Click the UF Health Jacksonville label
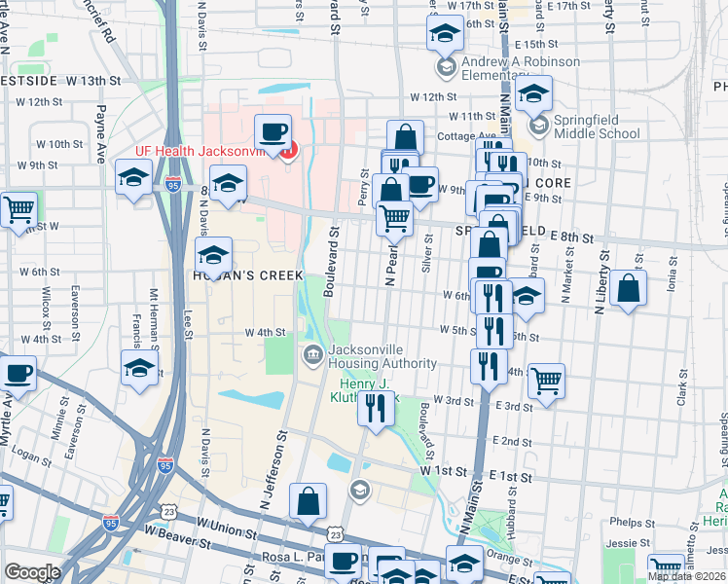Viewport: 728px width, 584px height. [200, 151]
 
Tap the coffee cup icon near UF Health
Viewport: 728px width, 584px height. [273, 131]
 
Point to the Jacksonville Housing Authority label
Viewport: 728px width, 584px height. [382, 356]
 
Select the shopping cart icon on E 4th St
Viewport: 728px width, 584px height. [546, 379]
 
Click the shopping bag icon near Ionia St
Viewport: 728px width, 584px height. [629, 287]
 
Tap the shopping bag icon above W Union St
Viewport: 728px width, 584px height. [308, 501]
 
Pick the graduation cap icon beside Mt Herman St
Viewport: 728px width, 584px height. [140, 369]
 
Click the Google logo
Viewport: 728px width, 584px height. [32, 572]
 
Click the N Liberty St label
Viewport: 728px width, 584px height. [601, 279]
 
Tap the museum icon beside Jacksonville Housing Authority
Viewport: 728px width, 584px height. [313, 352]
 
